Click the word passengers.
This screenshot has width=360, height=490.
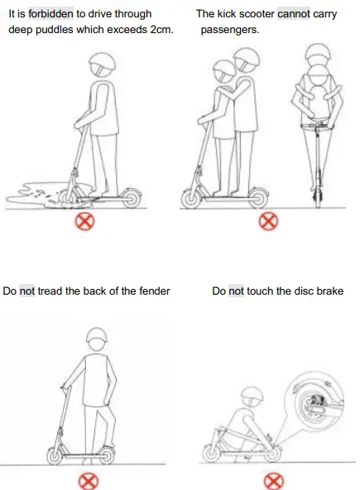click(228, 29)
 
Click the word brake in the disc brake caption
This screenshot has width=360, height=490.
click(328, 291)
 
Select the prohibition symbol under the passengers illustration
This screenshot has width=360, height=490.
click(266, 221)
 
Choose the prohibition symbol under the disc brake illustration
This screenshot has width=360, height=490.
click(272, 480)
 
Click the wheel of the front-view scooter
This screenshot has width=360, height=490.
click(315, 196)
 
